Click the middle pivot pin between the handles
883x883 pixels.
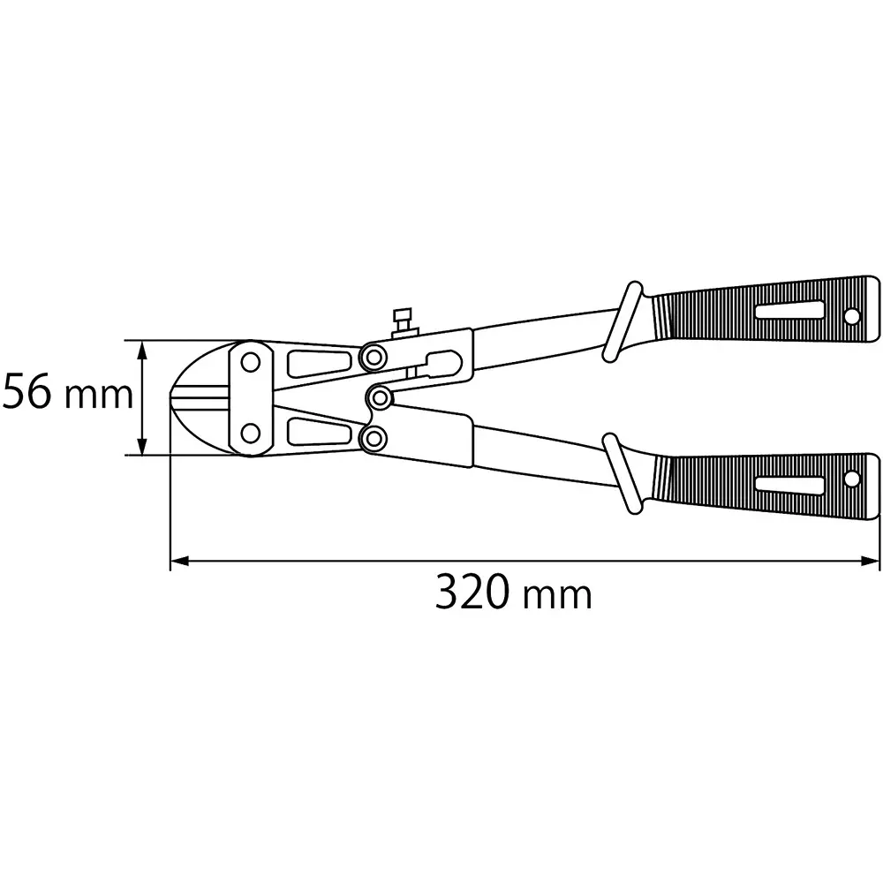(x=381, y=397)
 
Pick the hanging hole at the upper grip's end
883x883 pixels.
(x=853, y=314)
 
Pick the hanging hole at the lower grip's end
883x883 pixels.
(x=853, y=479)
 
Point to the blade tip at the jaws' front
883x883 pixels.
(x=174, y=397)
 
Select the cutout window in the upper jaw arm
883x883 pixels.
(x=318, y=364)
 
